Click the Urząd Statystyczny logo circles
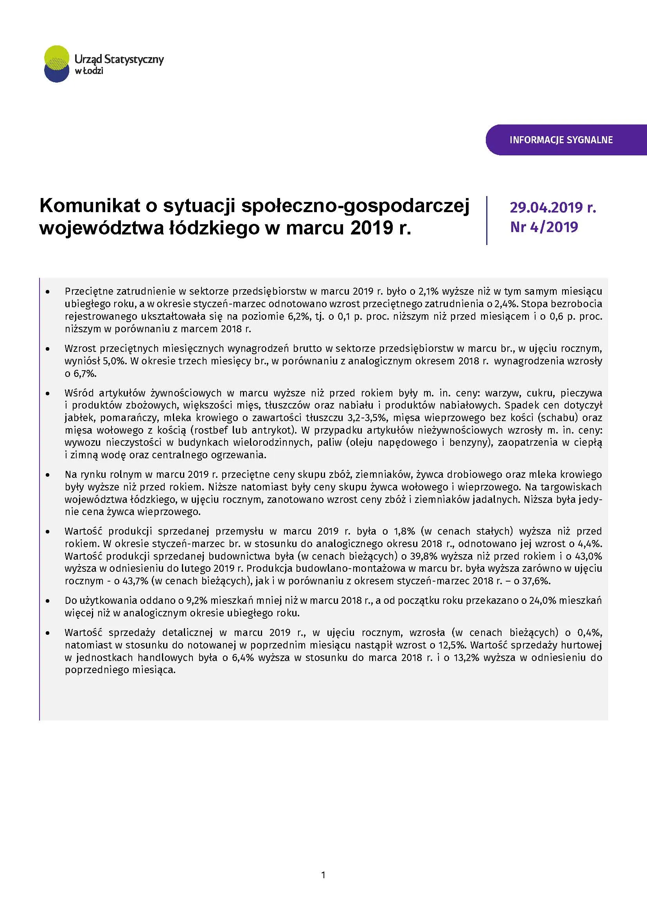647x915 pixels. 57,64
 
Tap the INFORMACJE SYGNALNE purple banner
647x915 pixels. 561,140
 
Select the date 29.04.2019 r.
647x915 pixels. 553,207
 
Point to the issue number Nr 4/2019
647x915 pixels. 544,227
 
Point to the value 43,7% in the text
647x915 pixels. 135,581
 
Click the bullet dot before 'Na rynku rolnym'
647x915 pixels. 48,475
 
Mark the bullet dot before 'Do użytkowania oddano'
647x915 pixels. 48,601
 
